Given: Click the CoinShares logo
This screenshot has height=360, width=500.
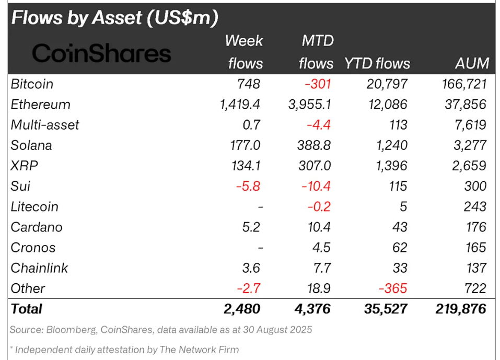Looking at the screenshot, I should pos(101,53).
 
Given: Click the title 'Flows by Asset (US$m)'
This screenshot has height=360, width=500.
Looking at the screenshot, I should pos(114,18).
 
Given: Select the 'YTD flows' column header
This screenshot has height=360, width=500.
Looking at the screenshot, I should pos(377,64).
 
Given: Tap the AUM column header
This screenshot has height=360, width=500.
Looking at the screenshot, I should pos(471,64).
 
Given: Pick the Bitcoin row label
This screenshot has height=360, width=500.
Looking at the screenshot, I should pos(32,84).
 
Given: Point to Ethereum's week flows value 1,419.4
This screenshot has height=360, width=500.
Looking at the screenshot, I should pos(240,104).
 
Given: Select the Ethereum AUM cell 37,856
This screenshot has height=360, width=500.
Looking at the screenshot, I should pos(463,104).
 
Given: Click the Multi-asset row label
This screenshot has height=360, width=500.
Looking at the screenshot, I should pos(45,125).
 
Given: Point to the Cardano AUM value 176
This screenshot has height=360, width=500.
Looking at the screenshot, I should pos(475,227).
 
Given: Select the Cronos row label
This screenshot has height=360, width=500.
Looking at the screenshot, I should pos(33,247).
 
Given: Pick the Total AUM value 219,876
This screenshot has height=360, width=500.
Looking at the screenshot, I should pos(460,309).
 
